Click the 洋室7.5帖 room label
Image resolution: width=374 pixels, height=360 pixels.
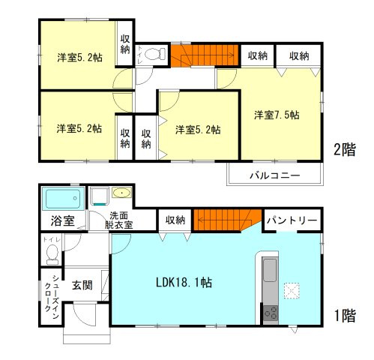pyautogui.click(x=277, y=115)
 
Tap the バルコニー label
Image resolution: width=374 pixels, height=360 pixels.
pyautogui.click(x=275, y=175)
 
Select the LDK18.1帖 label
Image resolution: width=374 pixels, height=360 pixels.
pyautogui.click(x=184, y=283)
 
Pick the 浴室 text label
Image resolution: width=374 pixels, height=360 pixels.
pyautogui.click(x=62, y=220)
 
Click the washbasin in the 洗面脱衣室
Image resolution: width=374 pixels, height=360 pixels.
pyautogui.click(x=121, y=194)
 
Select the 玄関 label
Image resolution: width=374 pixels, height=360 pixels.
pyautogui.click(x=82, y=285)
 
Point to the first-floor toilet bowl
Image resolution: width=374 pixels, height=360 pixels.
pyautogui.click(x=51, y=255)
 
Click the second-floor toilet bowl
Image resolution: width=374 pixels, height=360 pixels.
pyautogui.click(x=154, y=54)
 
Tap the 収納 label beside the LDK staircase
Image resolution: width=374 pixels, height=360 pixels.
pyautogui.click(x=175, y=220)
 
